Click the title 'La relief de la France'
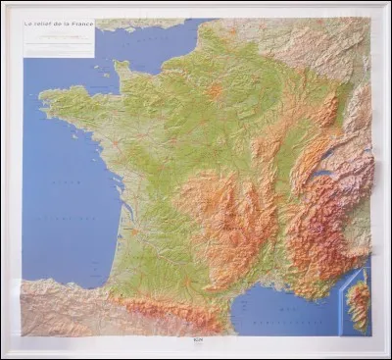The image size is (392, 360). coord(60,23)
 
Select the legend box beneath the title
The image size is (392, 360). coord(60,41)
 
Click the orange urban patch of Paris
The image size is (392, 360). coord(215,91)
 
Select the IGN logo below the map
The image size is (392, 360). coord(196,341)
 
